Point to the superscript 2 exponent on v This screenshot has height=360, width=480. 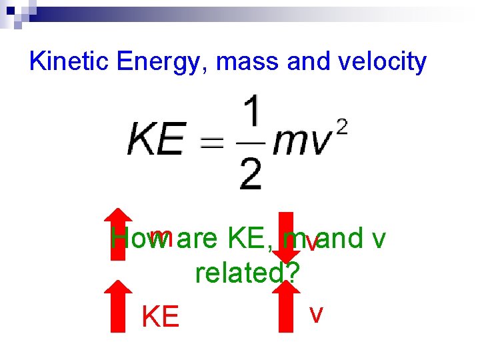pos(342,128)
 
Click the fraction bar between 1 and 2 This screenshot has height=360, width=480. pos(249,143)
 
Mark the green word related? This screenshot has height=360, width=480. pos(247,272)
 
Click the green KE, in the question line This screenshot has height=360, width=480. pos(252,239)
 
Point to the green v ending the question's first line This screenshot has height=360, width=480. pos(379,239)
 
